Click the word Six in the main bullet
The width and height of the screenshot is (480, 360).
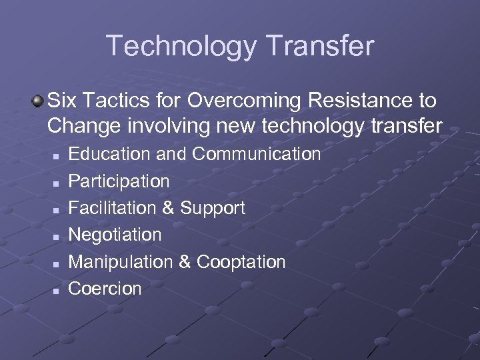point(63,101)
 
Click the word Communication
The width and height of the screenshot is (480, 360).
point(257,154)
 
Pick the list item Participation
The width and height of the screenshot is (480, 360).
point(119,181)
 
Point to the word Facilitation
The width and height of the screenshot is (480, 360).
point(111,208)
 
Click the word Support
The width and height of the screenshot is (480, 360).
point(212,208)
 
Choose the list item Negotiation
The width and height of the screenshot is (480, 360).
point(115,235)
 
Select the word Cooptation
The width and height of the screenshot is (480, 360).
point(241,262)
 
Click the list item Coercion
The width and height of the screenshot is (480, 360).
point(105,289)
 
